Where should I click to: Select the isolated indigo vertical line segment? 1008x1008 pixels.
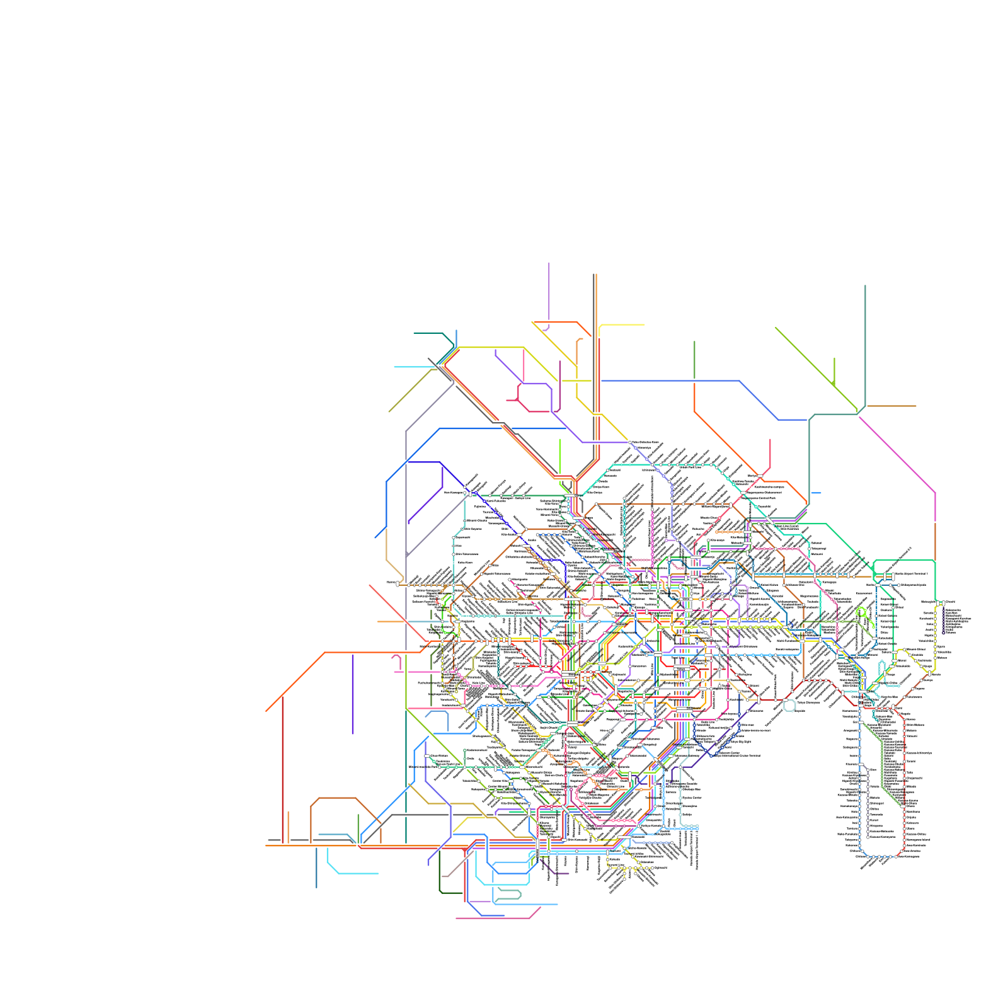coord(353,693)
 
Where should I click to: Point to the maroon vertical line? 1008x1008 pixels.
coord(282,769)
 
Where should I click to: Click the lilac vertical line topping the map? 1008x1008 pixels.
coord(549,290)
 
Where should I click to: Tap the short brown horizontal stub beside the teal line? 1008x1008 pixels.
coord(891,406)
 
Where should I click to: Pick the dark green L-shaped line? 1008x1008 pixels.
coord(440,876)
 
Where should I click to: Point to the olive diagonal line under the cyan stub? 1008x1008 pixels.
coord(409,391)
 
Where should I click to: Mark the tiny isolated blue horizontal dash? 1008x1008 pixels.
coord(816,493)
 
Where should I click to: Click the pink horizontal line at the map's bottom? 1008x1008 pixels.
coord(491,918)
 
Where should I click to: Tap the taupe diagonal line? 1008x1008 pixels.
coord(457,864)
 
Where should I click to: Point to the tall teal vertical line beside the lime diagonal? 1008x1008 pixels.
coord(865,346)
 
